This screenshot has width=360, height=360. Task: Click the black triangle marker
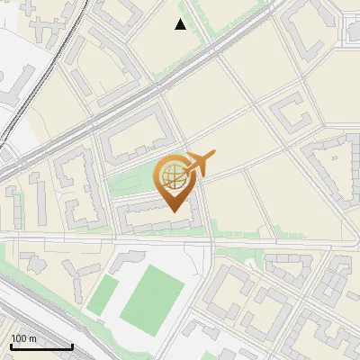click(x=181, y=25)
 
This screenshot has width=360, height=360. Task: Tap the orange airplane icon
click(x=200, y=163)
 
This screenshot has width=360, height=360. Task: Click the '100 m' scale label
click(x=24, y=337)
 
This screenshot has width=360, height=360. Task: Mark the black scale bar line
click(x=41, y=346)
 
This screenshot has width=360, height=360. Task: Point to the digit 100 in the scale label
click(x=19, y=337)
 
